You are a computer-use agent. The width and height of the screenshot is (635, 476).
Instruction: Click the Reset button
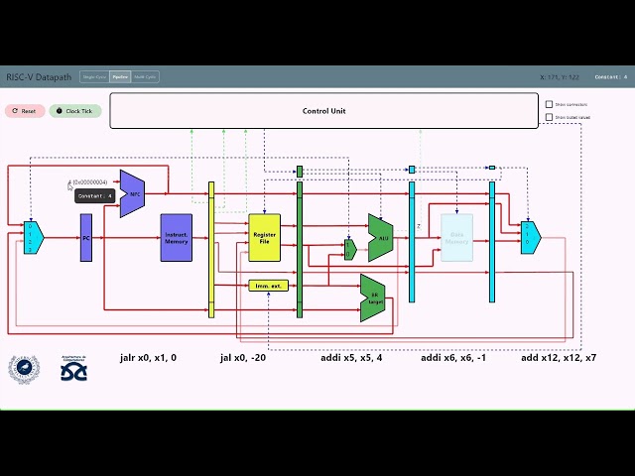[24, 111]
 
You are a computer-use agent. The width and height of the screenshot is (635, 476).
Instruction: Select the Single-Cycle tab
[94, 76]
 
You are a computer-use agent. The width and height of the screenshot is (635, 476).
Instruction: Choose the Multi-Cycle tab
[145, 76]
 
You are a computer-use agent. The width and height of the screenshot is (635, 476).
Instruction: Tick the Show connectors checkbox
[550, 104]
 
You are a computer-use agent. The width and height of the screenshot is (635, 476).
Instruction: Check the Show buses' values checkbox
[550, 117]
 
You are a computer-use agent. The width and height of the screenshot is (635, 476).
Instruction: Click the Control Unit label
[323, 111]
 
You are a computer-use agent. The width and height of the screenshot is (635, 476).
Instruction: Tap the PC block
[86, 238]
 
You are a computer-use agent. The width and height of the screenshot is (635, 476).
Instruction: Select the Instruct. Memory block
[176, 238]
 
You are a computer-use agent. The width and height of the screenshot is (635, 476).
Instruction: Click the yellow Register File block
[265, 238]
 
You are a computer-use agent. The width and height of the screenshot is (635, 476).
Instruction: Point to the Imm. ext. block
[268, 286]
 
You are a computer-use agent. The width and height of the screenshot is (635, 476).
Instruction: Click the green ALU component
[381, 238]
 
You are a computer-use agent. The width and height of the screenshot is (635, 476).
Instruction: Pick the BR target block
[373, 297]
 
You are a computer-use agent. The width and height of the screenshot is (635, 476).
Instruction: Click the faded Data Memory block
[456, 238]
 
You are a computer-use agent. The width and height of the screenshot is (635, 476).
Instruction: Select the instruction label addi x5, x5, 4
[350, 357]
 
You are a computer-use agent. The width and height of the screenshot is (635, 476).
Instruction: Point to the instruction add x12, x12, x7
[559, 357]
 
